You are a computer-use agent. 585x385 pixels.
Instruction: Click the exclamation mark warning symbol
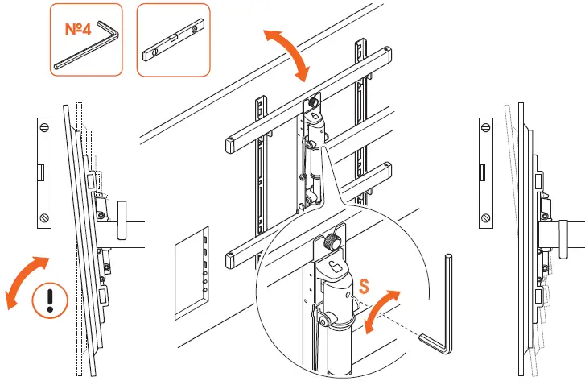click(49, 301)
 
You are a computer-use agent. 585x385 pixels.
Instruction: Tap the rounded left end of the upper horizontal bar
click(230, 146)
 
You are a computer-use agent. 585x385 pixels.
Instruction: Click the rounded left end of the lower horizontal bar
click(230, 259)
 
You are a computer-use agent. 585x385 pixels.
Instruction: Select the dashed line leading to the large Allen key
click(389, 321)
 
